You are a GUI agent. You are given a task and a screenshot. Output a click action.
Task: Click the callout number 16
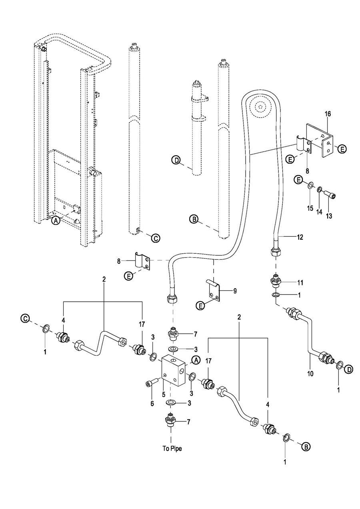(328, 114)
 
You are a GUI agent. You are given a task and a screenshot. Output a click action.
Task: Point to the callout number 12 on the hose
(300, 237)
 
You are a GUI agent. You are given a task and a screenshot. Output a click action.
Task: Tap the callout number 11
(300, 283)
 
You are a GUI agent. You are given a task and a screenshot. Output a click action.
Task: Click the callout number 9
(235, 291)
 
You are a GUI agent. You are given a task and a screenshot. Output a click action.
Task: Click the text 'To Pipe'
(172, 449)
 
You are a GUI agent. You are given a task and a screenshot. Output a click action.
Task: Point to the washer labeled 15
(310, 186)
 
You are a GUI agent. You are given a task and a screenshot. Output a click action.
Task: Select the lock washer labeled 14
(320, 188)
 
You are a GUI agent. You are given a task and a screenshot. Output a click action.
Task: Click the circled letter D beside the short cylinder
(176, 161)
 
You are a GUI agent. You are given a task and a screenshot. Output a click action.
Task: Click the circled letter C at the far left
(25, 318)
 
